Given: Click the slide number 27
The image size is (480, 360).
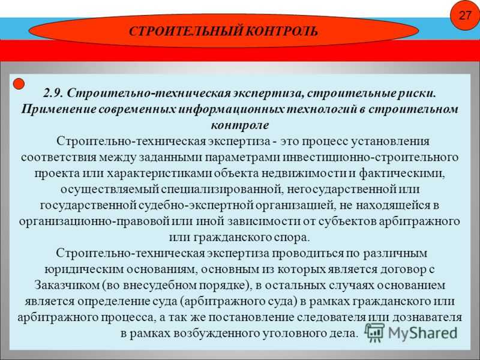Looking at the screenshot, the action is (464, 15).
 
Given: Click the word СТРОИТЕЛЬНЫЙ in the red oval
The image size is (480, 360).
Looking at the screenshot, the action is (186, 32).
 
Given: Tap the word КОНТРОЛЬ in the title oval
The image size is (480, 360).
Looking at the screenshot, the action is (281, 32).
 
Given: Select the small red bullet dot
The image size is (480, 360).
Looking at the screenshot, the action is (19, 83).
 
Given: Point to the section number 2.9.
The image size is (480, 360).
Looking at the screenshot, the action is (53, 93).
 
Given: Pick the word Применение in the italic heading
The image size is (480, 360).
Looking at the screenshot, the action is (58, 109).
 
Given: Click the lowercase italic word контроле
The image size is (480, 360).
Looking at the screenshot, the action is (240, 125).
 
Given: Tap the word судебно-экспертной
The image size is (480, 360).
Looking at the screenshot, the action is (196, 205).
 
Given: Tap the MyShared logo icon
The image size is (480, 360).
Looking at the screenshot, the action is (374, 332).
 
